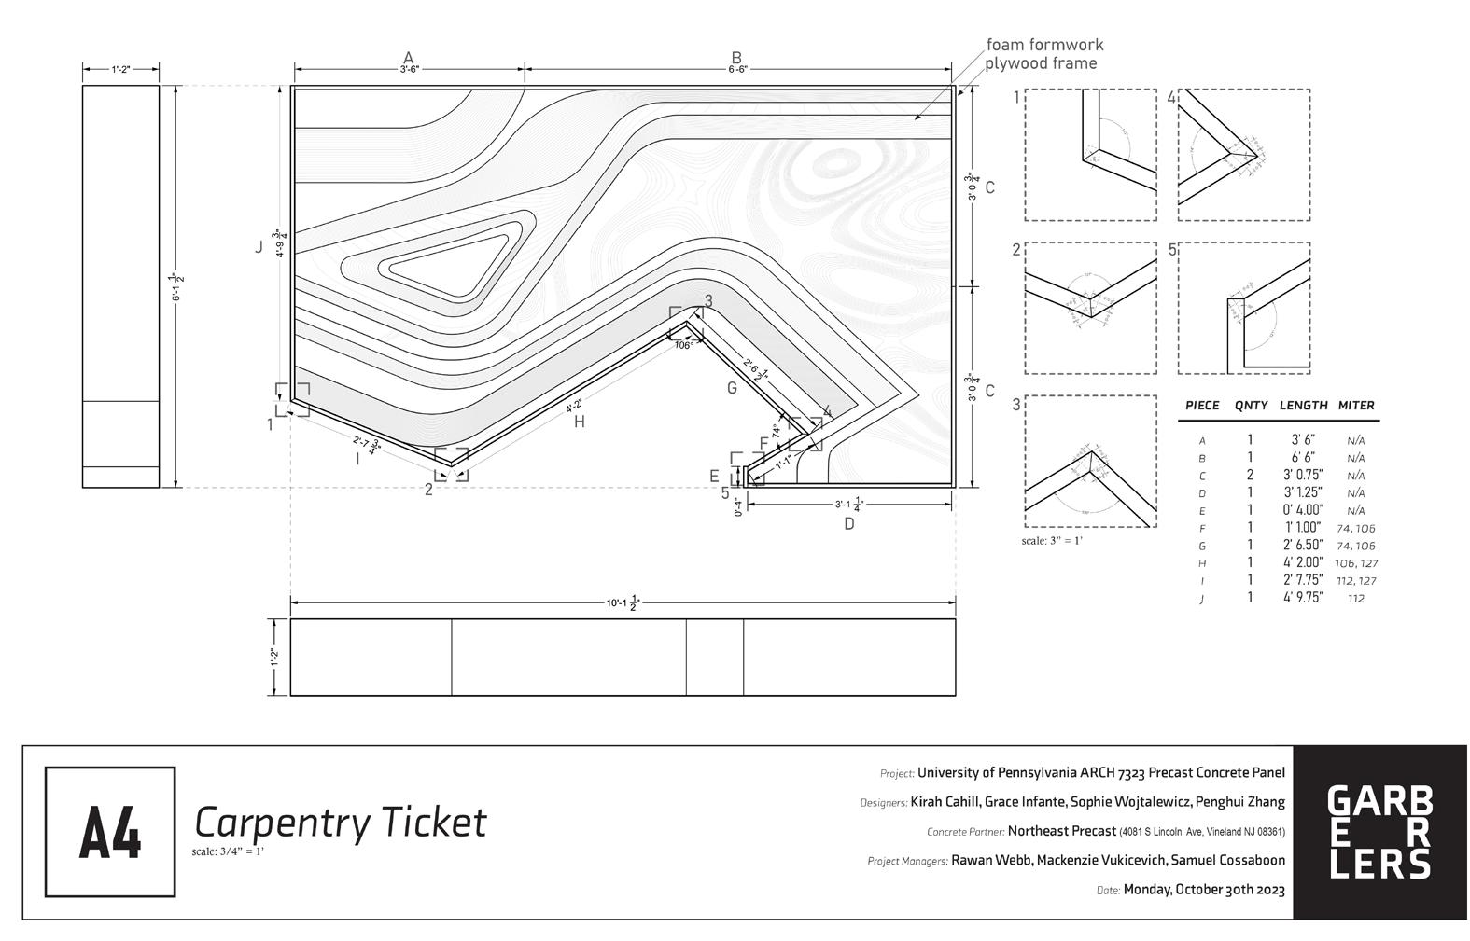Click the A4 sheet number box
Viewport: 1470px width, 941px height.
coord(110,831)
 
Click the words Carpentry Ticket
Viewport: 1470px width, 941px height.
coord(340,823)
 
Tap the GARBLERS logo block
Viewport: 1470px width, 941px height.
coord(1379,832)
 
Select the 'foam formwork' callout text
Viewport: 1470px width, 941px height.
coord(1044,45)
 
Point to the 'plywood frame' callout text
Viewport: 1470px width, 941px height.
coord(1041,63)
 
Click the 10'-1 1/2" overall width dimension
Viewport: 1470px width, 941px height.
coord(623,602)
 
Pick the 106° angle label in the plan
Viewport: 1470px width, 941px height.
coord(683,345)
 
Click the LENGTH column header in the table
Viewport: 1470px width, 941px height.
coord(1303,406)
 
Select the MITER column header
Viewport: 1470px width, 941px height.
coord(1356,406)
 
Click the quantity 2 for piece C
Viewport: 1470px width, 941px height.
coord(1250,475)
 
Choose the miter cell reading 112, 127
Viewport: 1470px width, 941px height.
coord(1356,580)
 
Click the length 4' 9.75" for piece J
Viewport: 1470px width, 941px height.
coord(1303,598)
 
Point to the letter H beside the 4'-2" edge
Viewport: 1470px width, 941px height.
coord(580,422)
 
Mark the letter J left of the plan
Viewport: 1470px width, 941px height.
coord(259,247)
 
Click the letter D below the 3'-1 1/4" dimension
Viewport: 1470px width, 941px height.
coord(849,523)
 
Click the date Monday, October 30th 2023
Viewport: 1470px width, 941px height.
coord(1204,889)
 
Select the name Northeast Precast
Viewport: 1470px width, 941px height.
coord(1061,831)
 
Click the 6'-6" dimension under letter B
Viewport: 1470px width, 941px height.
coord(737,69)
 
